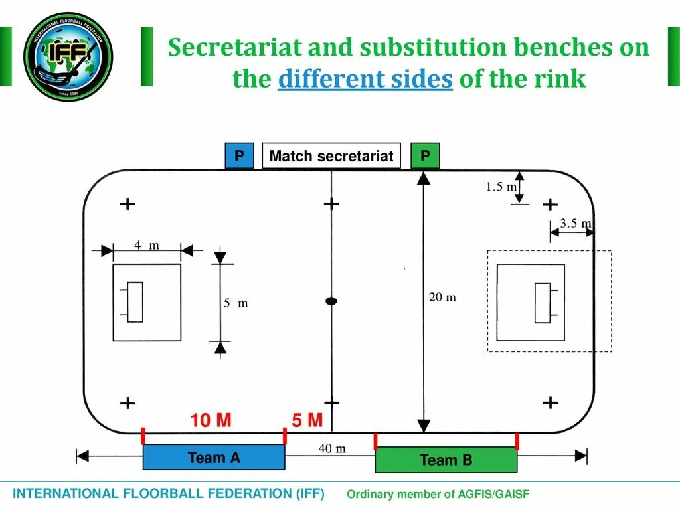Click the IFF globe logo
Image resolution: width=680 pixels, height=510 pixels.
tap(68, 56)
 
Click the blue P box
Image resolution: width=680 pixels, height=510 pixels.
tap(239, 156)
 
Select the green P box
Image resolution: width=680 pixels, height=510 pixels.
tap(425, 156)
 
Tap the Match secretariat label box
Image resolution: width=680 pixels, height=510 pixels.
tap(331, 156)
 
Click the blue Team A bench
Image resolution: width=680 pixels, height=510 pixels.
tap(214, 457)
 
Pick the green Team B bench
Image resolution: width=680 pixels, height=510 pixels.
tap(446, 460)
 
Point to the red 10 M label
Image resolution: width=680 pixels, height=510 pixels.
tap(211, 420)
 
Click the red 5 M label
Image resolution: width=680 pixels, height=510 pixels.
tap(307, 420)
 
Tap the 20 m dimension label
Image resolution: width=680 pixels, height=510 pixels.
tap(442, 297)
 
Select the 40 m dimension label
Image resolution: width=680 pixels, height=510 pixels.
tap(332, 449)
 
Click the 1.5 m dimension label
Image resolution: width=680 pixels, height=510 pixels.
tap(501, 187)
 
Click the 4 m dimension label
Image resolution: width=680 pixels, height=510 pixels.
tap(147, 245)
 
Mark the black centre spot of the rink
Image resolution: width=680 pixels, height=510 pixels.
tap(331, 301)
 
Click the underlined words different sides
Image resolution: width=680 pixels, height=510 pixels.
tap(365, 79)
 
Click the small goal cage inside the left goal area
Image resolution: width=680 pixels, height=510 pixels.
tap(135, 302)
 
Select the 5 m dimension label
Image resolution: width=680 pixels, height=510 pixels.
tap(235, 303)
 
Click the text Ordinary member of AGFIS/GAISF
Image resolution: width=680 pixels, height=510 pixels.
tap(438, 494)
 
